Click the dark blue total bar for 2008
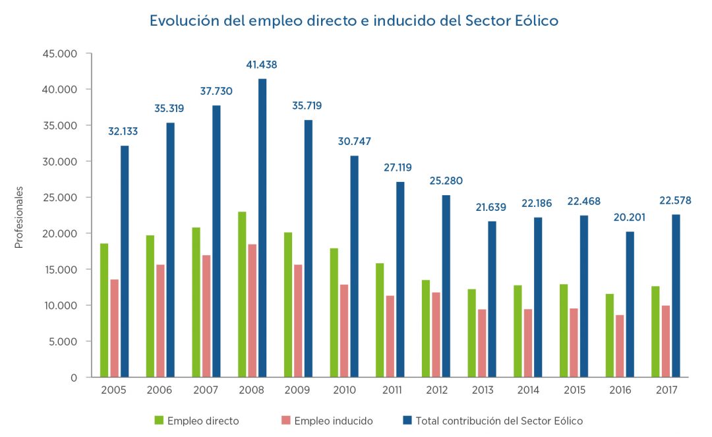coord(262,228)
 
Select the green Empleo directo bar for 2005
coord(104,310)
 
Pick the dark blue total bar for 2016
coord(630,304)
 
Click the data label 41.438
coord(262,65)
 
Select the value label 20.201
coord(629,218)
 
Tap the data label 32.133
coord(123,131)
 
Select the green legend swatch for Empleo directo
coord(159,420)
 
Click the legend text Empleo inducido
coord(334,421)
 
